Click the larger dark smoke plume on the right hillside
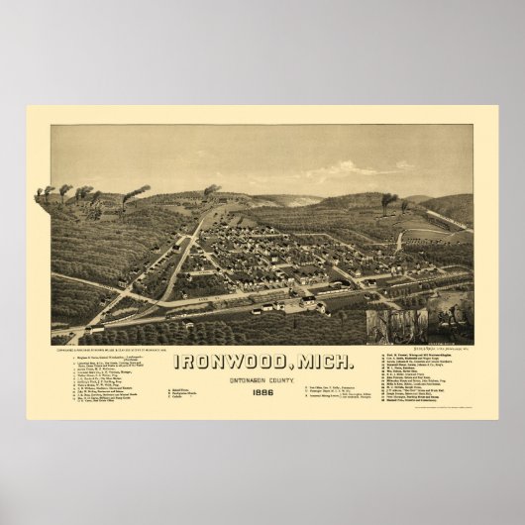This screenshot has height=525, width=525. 387,198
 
